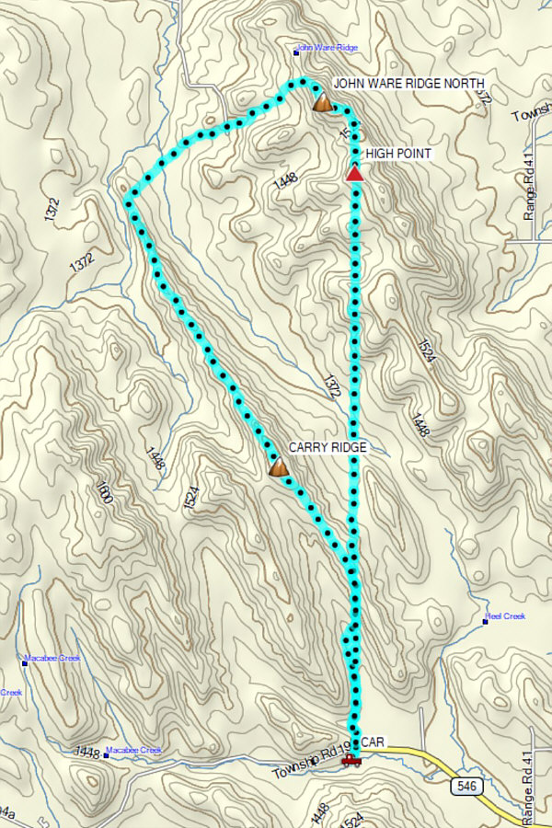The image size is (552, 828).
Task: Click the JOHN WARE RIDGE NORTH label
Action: pyautogui.click(x=408, y=83)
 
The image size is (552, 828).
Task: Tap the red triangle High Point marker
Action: pyautogui.click(x=354, y=172)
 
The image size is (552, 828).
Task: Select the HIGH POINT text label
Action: pyautogui.click(x=397, y=154)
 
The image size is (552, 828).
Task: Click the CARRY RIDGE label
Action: pyautogui.click(x=328, y=447)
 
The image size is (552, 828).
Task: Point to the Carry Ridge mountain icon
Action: pyautogui.click(x=278, y=467)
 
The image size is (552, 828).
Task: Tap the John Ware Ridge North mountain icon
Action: pyautogui.click(x=322, y=102)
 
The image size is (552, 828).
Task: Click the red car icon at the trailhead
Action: pyautogui.click(x=350, y=760)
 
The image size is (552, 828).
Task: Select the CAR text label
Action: pyautogui.click(x=373, y=742)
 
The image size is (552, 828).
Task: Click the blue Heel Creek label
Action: pyautogui.click(x=507, y=616)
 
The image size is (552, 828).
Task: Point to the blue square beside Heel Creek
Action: pyautogui.click(x=485, y=622)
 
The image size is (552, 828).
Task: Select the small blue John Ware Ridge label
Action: pyautogui.click(x=328, y=48)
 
